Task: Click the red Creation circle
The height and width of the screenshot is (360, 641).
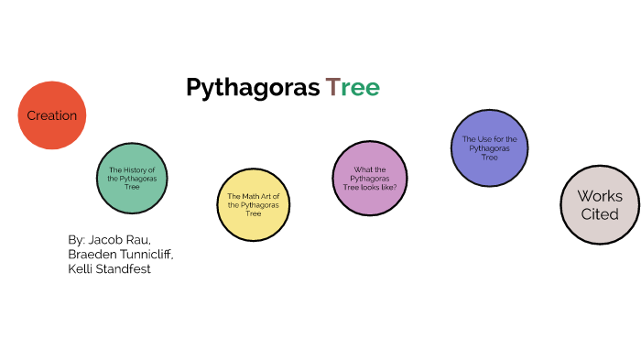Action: click(52, 115)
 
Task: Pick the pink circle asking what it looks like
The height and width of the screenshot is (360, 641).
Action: click(369, 178)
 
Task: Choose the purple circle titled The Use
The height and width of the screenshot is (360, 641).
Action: click(489, 147)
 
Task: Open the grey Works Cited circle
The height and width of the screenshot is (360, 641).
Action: click(599, 205)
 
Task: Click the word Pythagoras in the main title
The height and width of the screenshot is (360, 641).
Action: click(252, 88)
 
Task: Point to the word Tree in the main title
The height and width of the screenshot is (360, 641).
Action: click(353, 88)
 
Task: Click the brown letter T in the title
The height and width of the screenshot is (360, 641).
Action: click(332, 88)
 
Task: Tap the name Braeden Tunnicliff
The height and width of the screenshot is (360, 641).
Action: click(120, 254)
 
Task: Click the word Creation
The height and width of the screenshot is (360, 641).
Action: click(52, 115)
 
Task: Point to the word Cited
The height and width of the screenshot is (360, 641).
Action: click(600, 214)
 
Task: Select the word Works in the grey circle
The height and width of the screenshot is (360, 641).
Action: click(600, 196)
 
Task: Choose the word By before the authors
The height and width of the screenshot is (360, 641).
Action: click(76, 239)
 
